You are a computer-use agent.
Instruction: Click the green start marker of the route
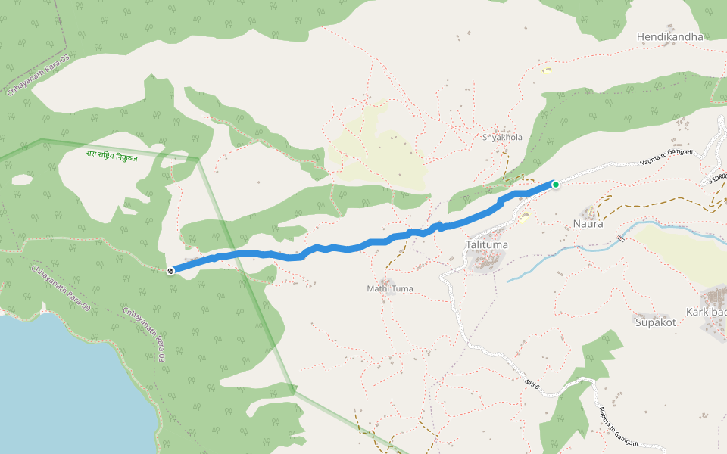(x=555, y=184)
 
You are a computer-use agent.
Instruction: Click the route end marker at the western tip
(x=171, y=270)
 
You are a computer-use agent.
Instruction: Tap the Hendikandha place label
(x=669, y=36)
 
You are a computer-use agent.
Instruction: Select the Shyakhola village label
(x=503, y=138)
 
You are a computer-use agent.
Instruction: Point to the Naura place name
(x=588, y=224)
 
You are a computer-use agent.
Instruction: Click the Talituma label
(x=487, y=245)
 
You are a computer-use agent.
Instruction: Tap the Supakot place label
(x=655, y=322)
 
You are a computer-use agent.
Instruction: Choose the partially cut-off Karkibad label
(x=707, y=313)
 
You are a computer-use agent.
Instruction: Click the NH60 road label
(x=532, y=384)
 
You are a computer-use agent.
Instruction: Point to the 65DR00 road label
(x=717, y=179)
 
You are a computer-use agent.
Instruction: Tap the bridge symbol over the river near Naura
(x=621, y=238)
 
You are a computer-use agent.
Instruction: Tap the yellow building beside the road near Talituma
(x=523, y=219)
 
